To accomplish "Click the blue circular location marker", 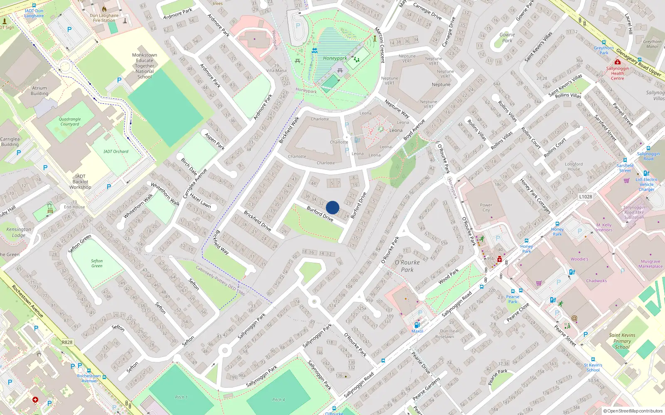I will tap(332, 207).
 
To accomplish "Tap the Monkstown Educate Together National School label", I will tap(145, 66).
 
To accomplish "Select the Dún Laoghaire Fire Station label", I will tap(104, 18).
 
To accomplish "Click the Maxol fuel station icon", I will tap(417, 325).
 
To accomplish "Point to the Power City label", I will tap(486, 207).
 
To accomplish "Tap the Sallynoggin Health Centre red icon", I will tap(617, 62).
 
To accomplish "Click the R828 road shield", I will tap(67, 342).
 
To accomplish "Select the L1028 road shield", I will tap(585, 197).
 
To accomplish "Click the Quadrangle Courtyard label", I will tap(70, 122).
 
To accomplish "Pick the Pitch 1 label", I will tap(181, 397).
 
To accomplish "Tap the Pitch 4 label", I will tap(278, 400).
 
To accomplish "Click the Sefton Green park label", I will tap(97, 263).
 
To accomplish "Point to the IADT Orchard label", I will tap(116, 151).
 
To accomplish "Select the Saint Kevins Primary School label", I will tap(622, 341).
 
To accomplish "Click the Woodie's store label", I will tap(579, 259).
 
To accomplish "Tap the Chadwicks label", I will tap(596, 281).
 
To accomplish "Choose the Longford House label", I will tap(574, 166).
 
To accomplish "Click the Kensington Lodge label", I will tap(18, 232).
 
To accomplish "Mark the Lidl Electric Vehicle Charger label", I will tap(646, 184).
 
